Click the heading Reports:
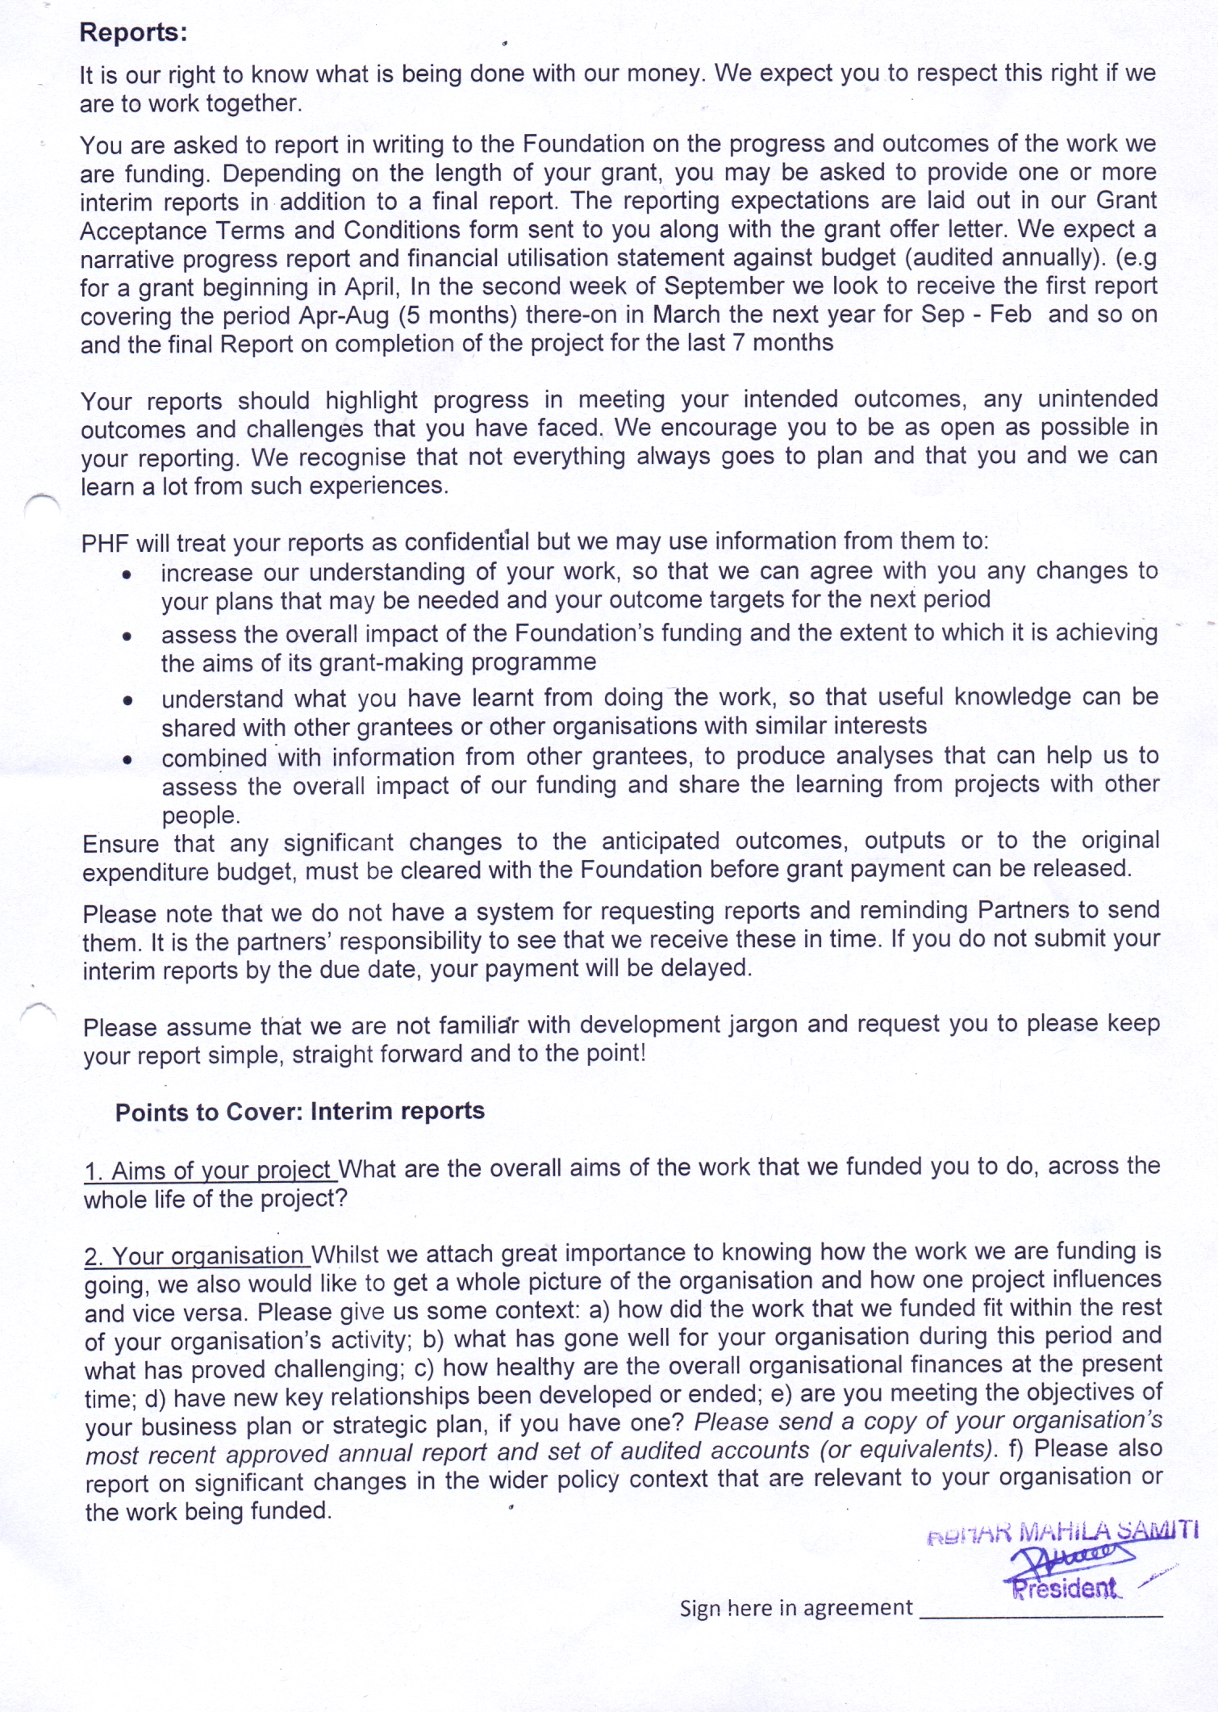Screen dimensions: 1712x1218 (x=133, y=32)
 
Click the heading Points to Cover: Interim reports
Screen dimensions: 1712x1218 (x=299, y=1112)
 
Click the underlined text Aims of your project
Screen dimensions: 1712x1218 (x=221, y=1171)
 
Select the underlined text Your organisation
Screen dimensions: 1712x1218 (x=207, y=1256)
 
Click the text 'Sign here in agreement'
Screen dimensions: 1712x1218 (x=795, y=1608)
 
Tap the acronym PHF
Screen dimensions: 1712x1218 (x=105, y=543)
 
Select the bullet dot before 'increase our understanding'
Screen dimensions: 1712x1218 (x=127, y=575)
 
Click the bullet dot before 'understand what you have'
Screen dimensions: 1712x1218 (x=127, y=701)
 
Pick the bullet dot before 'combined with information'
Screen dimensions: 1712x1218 (x=127, y=760)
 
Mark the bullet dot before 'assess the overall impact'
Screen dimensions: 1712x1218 (x=127, y=637)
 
